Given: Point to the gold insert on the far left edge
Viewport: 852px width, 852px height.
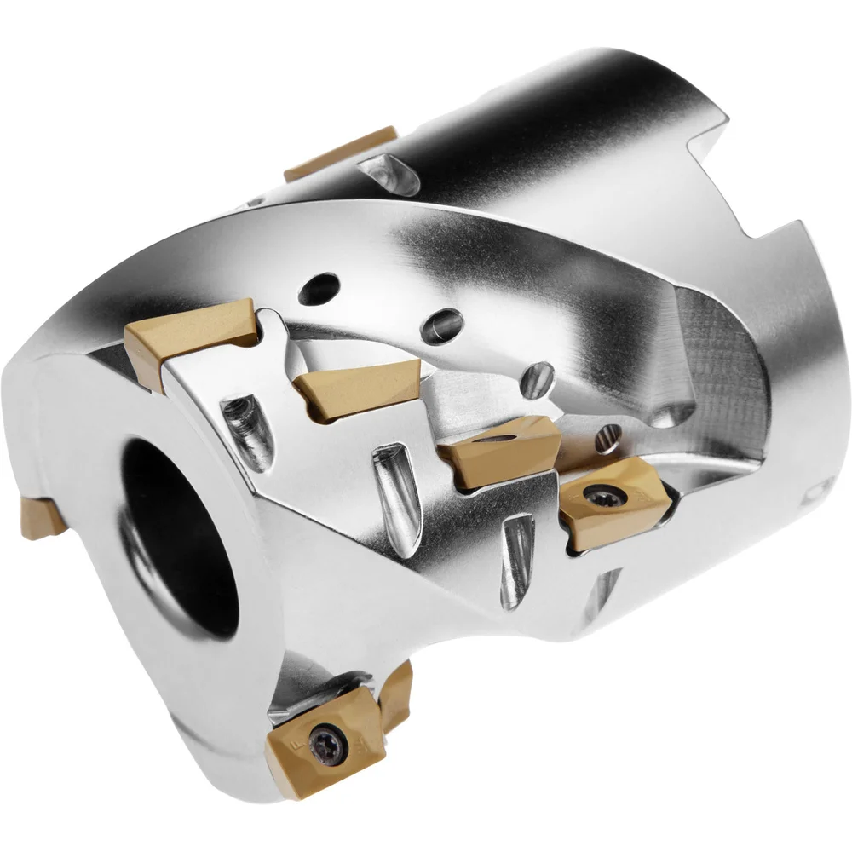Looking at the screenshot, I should [x=38, y=518].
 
